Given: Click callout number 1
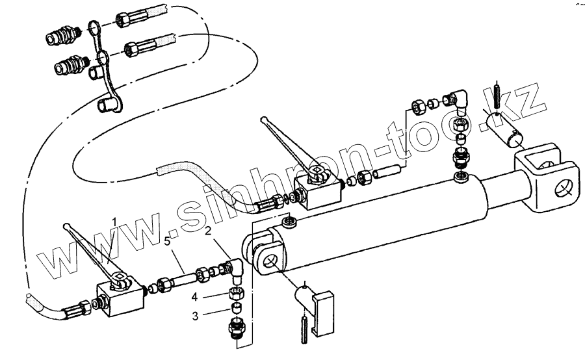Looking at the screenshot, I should pos(114,222).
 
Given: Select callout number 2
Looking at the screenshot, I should pos(207,231).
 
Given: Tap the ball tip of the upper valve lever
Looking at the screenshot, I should pos(266,119).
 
